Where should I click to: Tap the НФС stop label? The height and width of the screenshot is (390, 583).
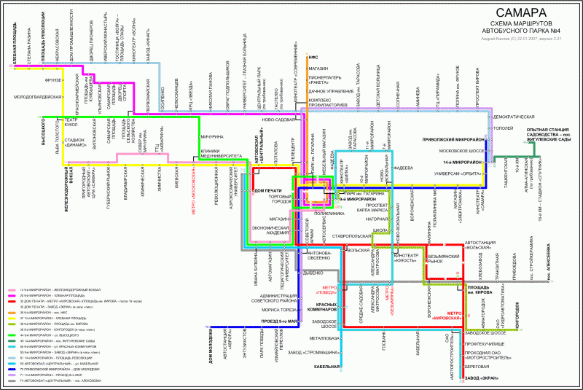313,56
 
